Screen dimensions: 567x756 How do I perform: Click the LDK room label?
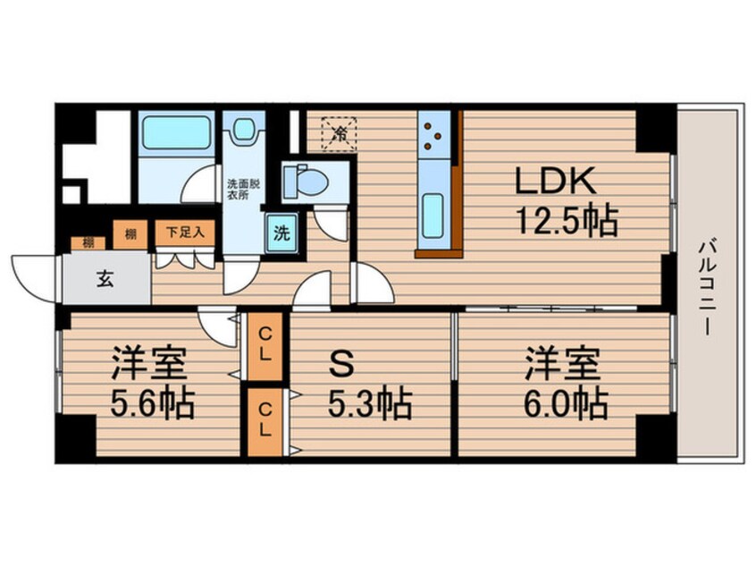[x=553, y=182]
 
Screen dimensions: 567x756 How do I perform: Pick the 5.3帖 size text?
[x=370, y=405]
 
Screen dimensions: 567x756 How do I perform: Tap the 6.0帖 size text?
[x=565, y=405]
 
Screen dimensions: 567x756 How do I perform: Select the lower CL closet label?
[x=265, y=419]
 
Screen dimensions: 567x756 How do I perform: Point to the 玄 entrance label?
[x=105, y=279]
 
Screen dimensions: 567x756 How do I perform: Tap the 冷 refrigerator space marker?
[x=340, y=134]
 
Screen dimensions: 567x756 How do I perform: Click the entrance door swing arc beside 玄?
[x=34, y=271]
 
